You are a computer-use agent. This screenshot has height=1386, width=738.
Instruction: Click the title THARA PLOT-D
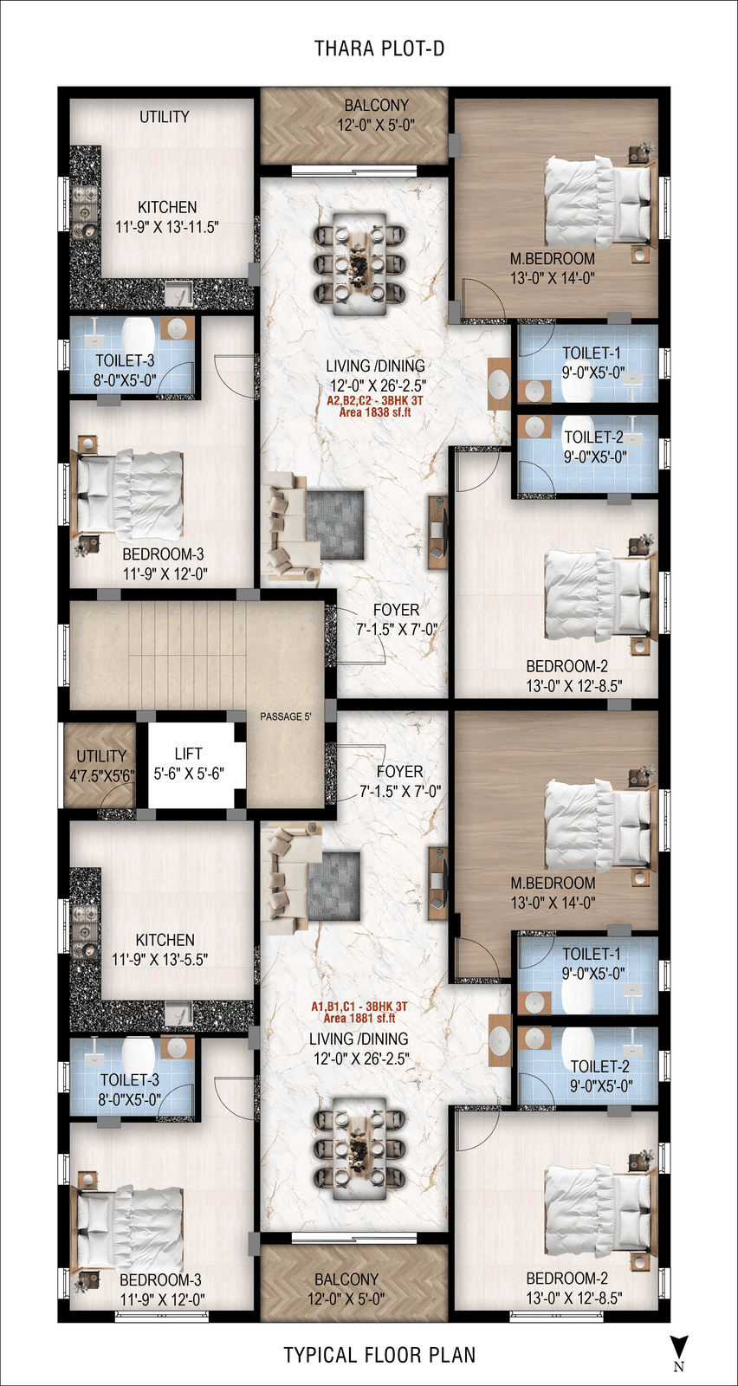click(x=379, y=49)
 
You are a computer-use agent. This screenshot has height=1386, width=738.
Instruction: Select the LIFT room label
click(x=188, y=754)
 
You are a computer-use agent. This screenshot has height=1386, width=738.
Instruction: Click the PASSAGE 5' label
click(x=285, y=716)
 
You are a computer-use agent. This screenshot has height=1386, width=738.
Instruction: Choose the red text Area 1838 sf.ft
click(x=375, y=412)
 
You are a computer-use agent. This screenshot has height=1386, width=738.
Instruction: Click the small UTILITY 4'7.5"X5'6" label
click(x=101, y=766)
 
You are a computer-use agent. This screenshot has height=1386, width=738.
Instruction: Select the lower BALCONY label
click(x=346, y=1279)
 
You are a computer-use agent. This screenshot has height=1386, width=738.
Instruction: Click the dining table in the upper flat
click(x=359, y=264)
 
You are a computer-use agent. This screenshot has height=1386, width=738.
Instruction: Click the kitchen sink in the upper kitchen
click(x=178, y=293)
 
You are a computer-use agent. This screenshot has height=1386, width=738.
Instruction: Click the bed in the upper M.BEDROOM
click(x=598, y=202)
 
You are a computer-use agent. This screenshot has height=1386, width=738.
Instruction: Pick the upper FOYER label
click(x=396, y=610)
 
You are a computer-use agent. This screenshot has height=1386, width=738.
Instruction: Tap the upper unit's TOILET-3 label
click(x=125, y=360)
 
